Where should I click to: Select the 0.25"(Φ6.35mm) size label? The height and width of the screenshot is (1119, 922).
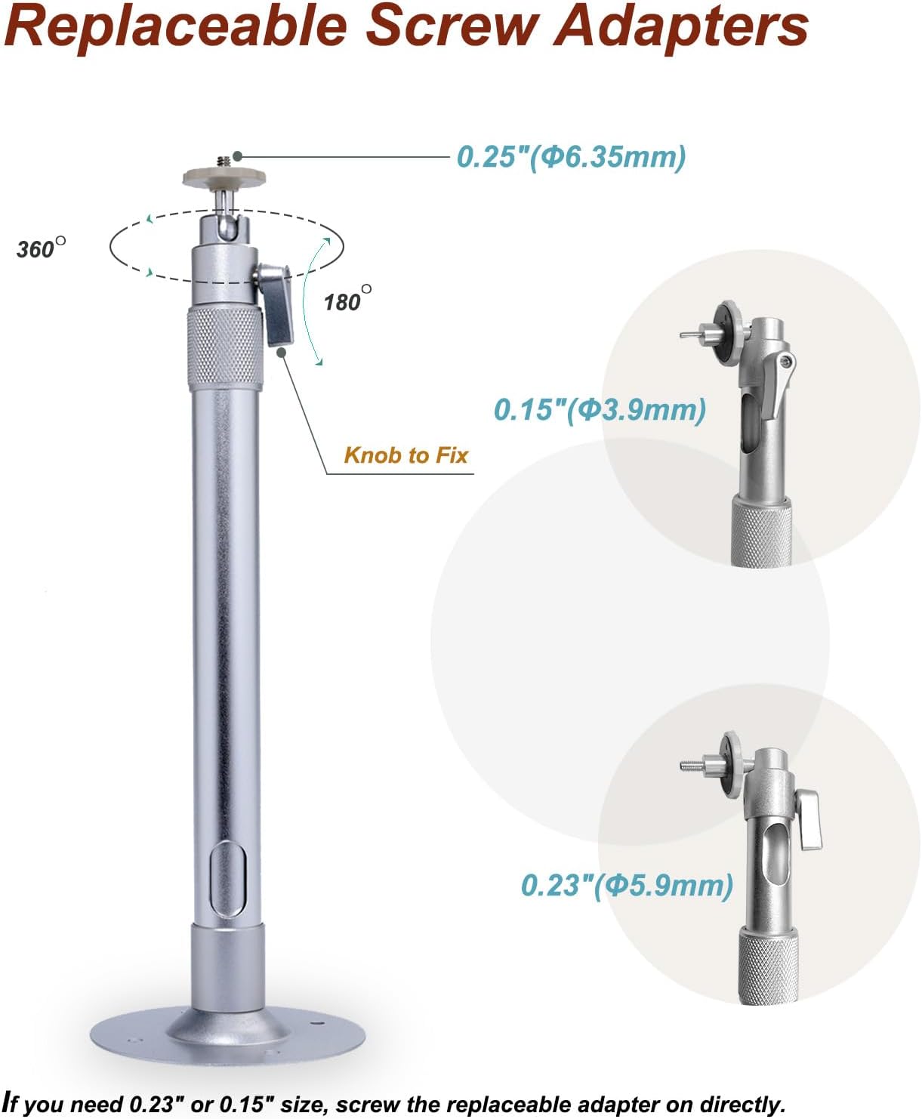pyautogui.click(x=572, y=157)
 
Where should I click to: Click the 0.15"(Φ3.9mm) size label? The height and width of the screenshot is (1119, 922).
pyautogui.click(x=600, y=410)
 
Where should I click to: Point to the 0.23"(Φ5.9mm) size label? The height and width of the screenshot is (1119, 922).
pyautogui.click(x=628, y=885)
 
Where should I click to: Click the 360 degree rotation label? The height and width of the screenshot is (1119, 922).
pyautogui.click(x=42, y=248)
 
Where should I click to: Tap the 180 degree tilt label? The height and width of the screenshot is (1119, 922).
pyautogui.click(x=347, y=300)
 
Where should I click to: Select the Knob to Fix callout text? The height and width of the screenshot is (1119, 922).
pyautogui.click(x=405, y=455)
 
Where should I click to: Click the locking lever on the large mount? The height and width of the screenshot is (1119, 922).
pyautogui.click(x=276, y=304)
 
